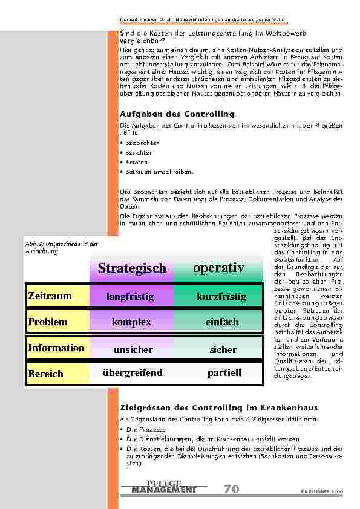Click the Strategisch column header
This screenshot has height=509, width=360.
tap(132, 268)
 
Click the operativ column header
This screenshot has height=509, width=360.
tap(218, 268)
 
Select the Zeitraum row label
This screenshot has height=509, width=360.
tap(50, 296)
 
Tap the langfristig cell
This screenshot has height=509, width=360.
tap(130, 297)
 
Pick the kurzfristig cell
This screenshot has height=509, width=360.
tap(221, 297)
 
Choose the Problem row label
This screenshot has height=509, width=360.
tap(48, 322)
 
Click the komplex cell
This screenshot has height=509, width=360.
tap(131, 322)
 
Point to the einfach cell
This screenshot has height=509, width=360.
tap(222, 322)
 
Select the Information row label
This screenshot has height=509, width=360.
tap(56, 348)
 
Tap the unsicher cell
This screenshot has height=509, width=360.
tap(133, 349)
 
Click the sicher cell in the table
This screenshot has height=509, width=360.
tap(223, 349)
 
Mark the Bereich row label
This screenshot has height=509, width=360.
tap(45, 374)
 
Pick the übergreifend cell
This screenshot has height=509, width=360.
tap(133, 373)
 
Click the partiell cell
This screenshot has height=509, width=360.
tap(224, 373)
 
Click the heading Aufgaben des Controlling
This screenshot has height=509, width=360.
tap(177, 114)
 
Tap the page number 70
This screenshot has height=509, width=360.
tap(231, 489)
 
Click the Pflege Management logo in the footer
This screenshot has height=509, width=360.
tap(164, 487)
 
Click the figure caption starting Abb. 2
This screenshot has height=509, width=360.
tap(61, 247)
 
